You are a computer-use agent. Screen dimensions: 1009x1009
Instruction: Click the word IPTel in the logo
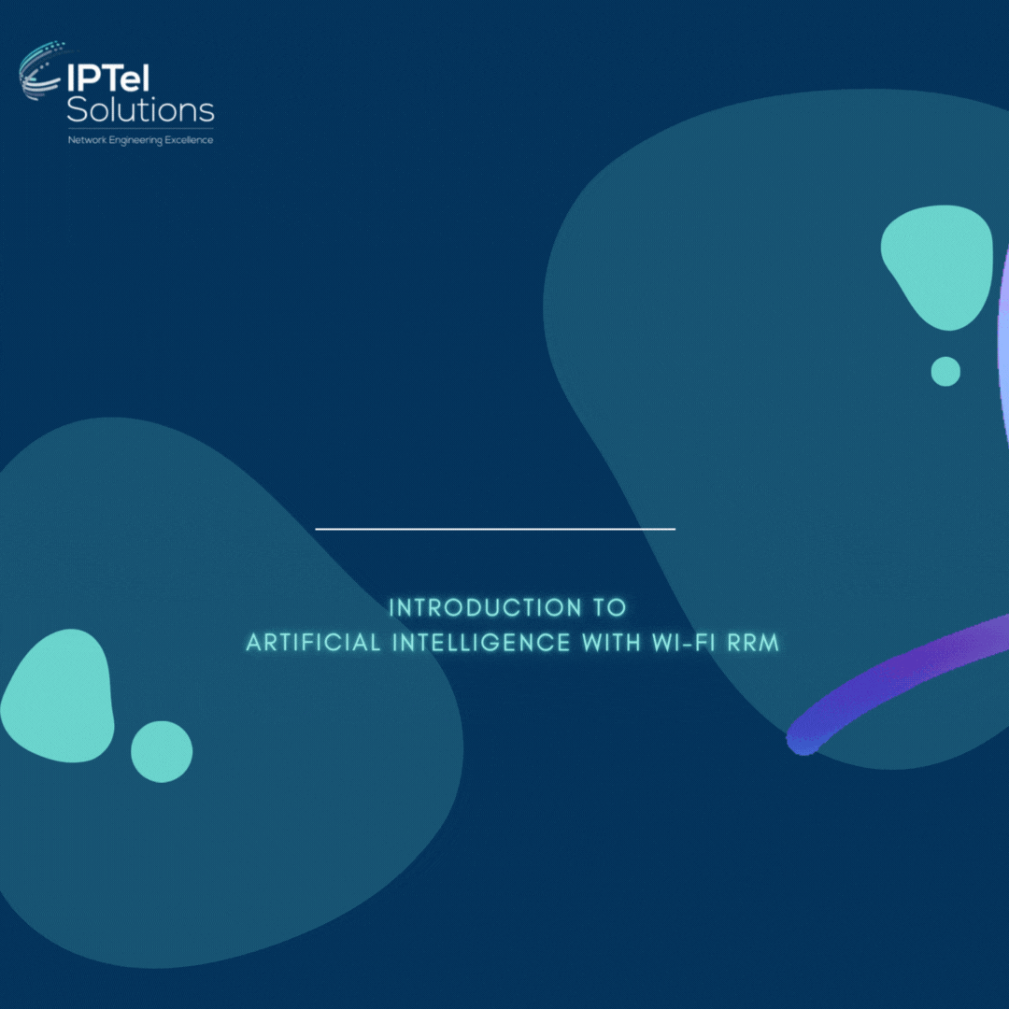point(108,78)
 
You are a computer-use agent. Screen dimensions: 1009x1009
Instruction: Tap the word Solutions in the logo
point(140,110)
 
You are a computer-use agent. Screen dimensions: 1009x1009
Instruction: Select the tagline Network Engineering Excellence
point(140,140)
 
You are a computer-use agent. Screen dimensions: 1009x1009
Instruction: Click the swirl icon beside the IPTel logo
point(40,71)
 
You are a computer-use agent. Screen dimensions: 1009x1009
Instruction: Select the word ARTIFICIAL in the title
point(313,643)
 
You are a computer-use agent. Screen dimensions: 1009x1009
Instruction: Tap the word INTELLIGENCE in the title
point(481,643)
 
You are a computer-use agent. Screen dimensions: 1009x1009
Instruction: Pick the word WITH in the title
point(611,643)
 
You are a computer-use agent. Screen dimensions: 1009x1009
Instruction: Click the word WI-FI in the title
point(683,643)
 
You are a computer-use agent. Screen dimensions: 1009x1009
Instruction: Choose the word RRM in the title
point(753,643)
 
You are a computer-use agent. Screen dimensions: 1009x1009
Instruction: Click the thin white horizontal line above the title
point(495,529)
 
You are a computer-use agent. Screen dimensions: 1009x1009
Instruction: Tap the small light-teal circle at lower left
point(162,751)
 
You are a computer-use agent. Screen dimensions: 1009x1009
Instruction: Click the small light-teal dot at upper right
point(945,371)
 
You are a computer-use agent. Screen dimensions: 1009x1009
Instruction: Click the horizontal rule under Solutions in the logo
point(140,129)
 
